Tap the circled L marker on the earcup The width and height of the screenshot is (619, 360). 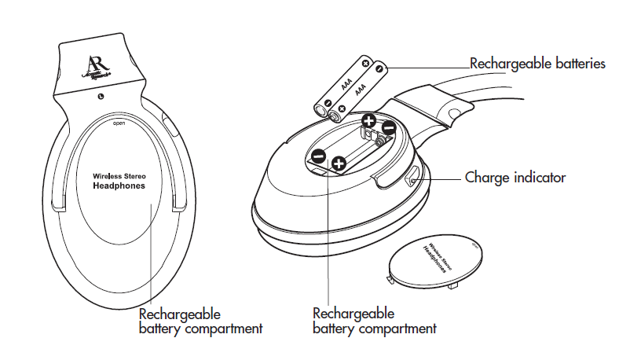101,97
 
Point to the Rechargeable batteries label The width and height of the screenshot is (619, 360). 537,64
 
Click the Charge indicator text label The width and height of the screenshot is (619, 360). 515,178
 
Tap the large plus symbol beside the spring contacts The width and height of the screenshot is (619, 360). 368,121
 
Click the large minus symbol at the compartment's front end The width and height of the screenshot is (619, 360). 318,156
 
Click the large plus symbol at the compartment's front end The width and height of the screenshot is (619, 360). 339,163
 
